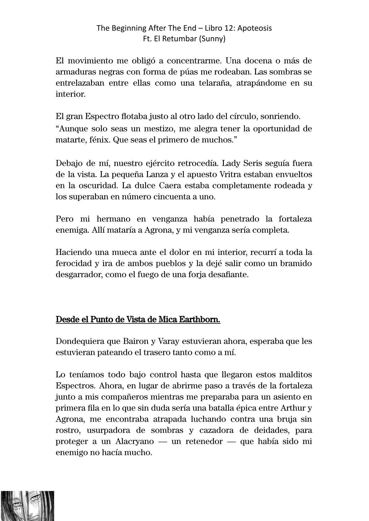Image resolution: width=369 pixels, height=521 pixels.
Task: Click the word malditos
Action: click(296, 375)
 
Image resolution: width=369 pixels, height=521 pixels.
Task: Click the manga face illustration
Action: click(27, 506)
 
